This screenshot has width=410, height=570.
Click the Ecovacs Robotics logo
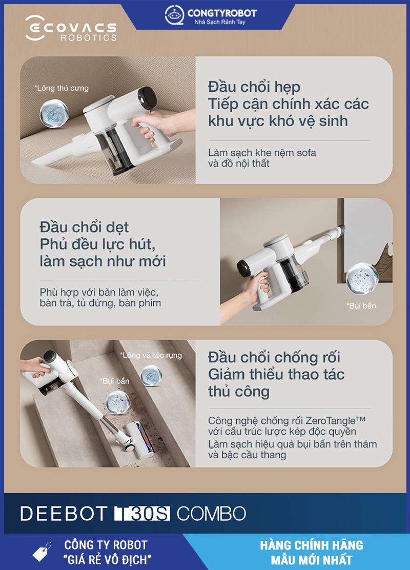tap(71, 28)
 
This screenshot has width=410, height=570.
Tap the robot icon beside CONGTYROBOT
tap(174, 15)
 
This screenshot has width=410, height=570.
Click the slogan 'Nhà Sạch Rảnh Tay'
tap(220, 22)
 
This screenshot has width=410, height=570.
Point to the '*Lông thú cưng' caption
tap(62, 88)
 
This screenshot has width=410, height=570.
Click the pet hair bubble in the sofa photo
tap(54, 113)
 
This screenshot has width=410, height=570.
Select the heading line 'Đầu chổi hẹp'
tap(254, 87)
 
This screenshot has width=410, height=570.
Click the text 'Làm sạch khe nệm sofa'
tap(262, 153)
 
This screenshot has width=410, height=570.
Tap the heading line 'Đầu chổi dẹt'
tap(85, 227)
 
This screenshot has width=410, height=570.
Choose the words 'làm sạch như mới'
tap(103, 261)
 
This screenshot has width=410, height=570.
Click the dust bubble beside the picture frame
tap(362, 278)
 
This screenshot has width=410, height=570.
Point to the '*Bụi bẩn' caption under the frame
tap(361, 306)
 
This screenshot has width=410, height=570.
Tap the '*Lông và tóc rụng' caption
tap(151, 355)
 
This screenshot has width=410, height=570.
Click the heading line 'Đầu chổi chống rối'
tap(274, 357)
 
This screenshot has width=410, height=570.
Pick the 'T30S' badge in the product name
tap(142, 514)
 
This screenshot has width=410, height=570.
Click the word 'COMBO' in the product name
tap(212, 514)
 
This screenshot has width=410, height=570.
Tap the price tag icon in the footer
tap(42, 552)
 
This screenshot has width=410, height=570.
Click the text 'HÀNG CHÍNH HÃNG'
tap(312, 545)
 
